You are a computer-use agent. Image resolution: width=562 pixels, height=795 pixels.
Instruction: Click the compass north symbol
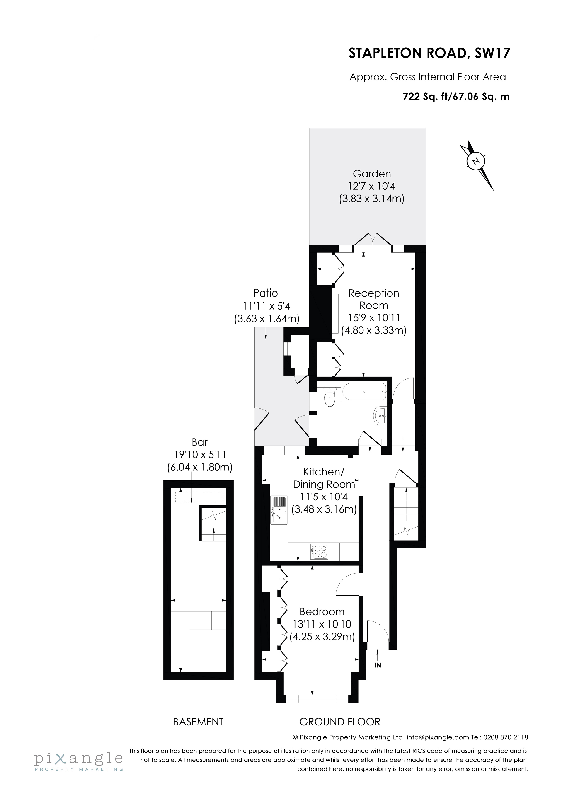(477, 161)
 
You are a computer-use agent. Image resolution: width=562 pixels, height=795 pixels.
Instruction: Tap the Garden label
(372, 174)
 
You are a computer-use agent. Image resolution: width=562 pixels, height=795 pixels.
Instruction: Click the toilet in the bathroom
(329, 397)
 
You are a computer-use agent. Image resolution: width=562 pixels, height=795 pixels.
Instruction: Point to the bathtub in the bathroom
(363, 392)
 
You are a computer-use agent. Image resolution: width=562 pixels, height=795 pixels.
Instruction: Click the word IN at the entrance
(378, 665)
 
